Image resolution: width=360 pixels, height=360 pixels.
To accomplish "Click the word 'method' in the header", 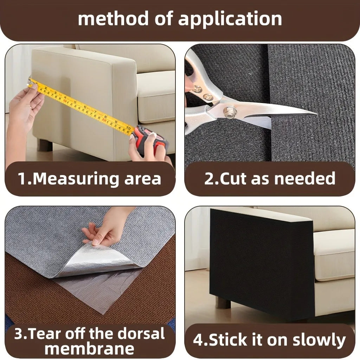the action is (113, 19).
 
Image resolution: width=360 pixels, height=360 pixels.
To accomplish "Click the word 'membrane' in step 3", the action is (90, 349).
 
